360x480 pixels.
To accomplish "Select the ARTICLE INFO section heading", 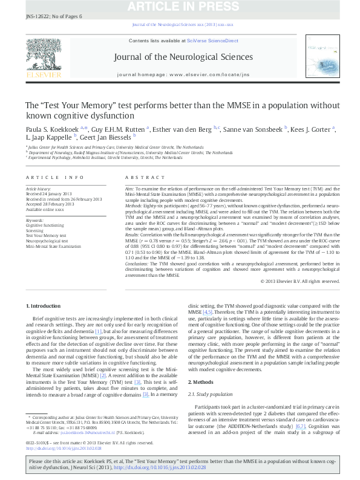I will coord(54,177).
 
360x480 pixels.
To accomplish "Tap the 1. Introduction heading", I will coord(45,306).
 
